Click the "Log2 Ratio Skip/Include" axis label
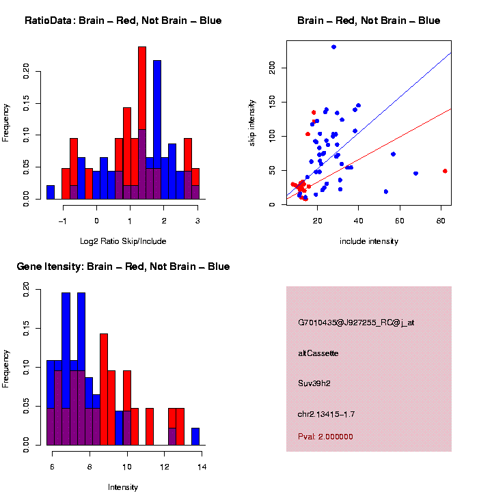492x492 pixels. [x=123, y=241]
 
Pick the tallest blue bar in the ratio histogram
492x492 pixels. [x=157, y=130]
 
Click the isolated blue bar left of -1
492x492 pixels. [x=51, y=192]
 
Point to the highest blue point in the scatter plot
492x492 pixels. [x=333, y=47]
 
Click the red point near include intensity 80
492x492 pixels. [x=445, y=171]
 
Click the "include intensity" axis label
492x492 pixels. [x=369, y=241]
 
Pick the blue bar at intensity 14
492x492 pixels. [x=195, y=437]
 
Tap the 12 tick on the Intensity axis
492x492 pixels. [x=165, y=467]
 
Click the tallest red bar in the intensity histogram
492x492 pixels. [x=104, y=389]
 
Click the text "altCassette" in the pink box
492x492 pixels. [x=318, y=353]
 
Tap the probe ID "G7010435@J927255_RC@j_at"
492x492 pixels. [x=356, y=323]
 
